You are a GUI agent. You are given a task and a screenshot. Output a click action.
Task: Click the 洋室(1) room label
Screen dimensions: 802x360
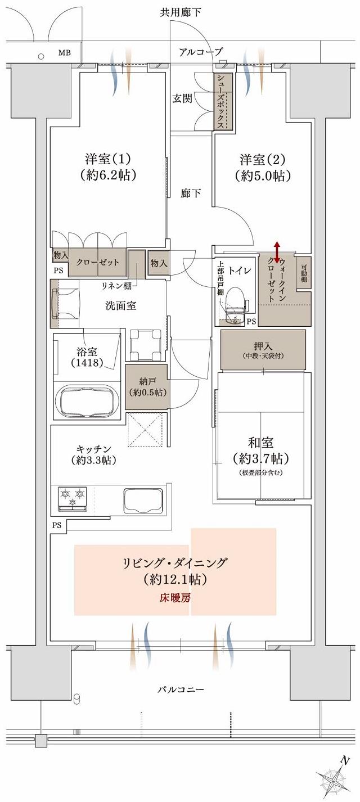109,158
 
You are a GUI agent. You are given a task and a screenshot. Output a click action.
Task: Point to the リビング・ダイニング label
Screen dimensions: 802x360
175,562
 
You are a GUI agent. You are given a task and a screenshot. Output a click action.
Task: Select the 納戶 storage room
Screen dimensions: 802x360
146,387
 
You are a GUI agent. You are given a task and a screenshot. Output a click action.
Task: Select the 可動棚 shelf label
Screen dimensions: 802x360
304,273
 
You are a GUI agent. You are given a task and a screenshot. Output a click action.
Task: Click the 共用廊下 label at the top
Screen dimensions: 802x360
181,11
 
